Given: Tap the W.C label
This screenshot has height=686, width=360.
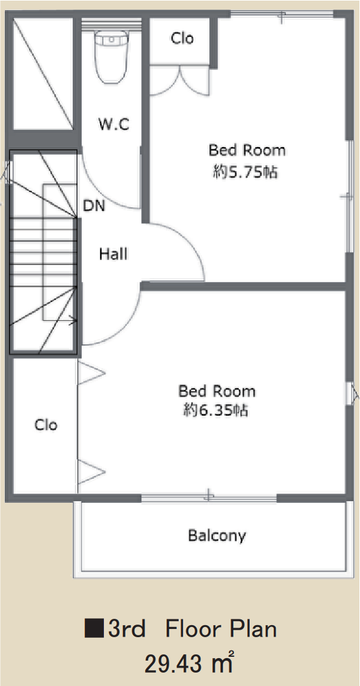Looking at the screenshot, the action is point(113,125).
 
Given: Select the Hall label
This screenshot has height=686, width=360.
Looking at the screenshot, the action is point(113,254).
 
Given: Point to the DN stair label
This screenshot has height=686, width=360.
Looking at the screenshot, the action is point(94,205).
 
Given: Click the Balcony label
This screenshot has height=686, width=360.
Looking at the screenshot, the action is point(217,536).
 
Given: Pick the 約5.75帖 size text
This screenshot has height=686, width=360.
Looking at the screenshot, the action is point(245,172).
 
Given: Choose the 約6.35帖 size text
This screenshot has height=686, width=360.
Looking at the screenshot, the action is point(215,410).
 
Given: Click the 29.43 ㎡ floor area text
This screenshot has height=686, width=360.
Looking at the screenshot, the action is point(188,664).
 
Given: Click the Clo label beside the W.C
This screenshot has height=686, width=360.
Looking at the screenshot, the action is point(183,39).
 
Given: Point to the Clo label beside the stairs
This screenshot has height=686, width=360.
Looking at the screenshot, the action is point(46,425).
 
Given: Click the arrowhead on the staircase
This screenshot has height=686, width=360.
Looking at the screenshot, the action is point(74,321).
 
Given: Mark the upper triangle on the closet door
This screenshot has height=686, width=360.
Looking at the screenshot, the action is point(91,373).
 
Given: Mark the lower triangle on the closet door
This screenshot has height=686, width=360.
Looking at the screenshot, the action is point(91,472).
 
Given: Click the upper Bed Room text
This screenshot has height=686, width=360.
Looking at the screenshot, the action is point(247,150).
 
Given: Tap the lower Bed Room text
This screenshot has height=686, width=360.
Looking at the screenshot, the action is point(217,391).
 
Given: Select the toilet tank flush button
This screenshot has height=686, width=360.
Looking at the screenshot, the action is point(112,39).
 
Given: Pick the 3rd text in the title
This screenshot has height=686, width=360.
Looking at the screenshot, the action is point(127,629).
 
